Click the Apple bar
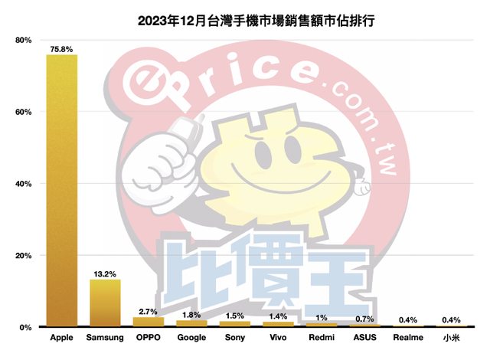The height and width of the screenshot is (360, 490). pos(61,191)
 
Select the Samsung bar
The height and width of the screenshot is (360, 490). pos(105,303)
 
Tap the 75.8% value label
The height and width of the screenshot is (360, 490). pos(61,49)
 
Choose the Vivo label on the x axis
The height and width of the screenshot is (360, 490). pos(278,337)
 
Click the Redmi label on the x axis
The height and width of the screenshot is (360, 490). pos(321,337)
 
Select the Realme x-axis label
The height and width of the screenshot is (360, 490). pos(407,337)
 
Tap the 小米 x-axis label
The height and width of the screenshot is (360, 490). pos(450,337)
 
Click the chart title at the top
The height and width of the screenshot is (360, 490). pos(245,14)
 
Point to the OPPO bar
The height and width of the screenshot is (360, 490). pos(149,322)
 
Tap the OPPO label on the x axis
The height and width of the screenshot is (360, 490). pos(149,337)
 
